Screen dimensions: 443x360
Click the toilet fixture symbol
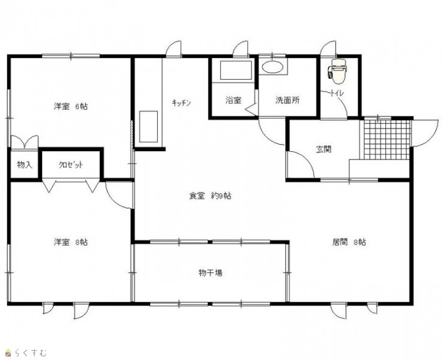click(337, 71)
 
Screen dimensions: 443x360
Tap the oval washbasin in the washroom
click(272, 67)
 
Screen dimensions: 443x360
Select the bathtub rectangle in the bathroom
click(236, 71)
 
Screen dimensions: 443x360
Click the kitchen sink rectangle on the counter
click(148, 127)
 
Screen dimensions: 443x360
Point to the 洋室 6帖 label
click(71, 106)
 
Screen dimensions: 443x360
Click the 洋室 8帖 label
click(71, 242)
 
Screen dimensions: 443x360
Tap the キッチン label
click(181, 103)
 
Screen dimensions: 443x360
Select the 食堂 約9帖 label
click(210, 196)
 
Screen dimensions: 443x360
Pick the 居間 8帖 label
click(349, 242)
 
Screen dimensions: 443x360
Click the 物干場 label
click(210, 273)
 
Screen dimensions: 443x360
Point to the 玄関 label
click(324, 149)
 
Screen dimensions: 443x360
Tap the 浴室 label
click(234, 100)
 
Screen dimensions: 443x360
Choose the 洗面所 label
click(288, 100)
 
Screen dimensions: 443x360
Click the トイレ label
click(337, 93)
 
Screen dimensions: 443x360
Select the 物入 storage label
click(25, 165)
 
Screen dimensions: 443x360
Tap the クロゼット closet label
click(71, 165)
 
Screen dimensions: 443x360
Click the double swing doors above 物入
click(25, 142)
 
